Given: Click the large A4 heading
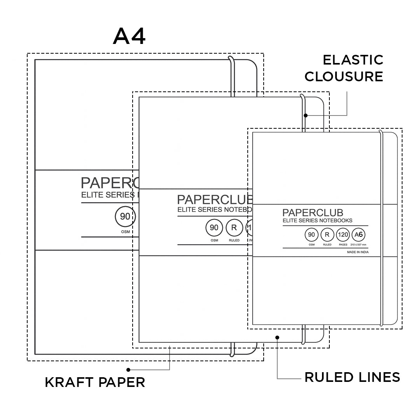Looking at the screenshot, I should point(129,37).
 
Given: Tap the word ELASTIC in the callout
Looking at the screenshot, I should point(353,60).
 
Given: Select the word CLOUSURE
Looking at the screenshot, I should point(344,77).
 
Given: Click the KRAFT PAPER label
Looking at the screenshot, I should point(95,382).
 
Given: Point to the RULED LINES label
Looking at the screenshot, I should point(352,377).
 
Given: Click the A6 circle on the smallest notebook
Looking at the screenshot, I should point(358,235).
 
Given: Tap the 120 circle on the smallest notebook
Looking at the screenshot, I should point(343,235).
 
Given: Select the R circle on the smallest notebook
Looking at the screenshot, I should point(327,235).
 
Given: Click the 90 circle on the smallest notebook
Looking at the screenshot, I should point(311,235).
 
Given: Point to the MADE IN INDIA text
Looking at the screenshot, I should point(358,252).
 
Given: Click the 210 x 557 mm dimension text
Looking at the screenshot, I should point(358,245).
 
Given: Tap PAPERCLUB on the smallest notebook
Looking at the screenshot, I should point(313,213).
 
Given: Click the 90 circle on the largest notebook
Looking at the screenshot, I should point(125,217).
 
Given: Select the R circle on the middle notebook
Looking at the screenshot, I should point(234,228).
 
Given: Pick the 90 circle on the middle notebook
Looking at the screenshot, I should point(214,228).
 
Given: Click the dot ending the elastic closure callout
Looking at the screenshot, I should point(306,115).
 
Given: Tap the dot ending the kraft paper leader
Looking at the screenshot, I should point(128,369).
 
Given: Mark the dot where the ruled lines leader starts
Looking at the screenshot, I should point(277,338).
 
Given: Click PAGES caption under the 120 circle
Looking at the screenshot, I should point(343,245).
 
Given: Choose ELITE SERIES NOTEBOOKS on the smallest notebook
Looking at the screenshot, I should point(317,220).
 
